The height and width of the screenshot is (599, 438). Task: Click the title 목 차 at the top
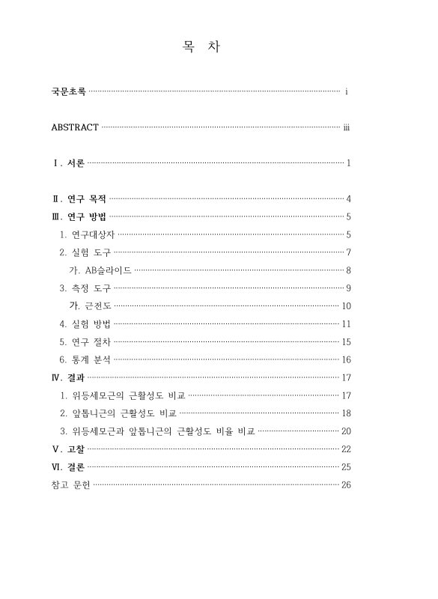click(x=200, y=47)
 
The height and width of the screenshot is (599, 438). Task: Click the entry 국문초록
click(x=68, y=91)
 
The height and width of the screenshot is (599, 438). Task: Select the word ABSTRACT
click(x=75, y=127)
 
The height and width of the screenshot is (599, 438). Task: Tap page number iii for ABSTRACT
click(x=347, y=127)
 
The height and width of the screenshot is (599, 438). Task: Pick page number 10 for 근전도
click(x=347, y=305)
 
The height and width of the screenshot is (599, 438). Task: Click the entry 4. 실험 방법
click(x=85, y=323)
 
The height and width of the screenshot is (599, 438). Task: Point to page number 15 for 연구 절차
click(x=347, y=341)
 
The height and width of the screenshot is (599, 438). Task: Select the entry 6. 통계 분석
click(x=85, y=359)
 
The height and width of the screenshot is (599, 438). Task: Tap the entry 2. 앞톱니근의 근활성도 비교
click(x=118, y=413)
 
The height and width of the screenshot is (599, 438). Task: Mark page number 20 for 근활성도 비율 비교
click(x=347, y=431)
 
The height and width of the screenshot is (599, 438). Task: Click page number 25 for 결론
click(x=347, y=466)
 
